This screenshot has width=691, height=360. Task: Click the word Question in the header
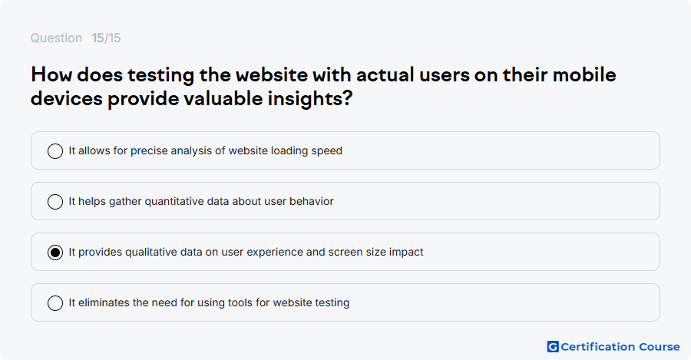(x=56, y=38)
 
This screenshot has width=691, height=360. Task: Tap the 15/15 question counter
(x=106, y=38)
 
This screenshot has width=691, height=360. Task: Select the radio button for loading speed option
(x=55, y=151)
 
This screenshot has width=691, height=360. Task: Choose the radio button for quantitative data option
(x=55, y=202)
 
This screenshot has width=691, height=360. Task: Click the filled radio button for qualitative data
(x=55, y=253)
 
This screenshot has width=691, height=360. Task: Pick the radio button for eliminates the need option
(x=55, y=303)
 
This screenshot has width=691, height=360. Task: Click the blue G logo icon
(x=553, y=347)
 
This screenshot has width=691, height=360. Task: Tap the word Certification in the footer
(x=598, y=347)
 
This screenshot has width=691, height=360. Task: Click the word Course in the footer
(x=660, y=347)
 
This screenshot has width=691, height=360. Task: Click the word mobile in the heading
(x=584, y=75)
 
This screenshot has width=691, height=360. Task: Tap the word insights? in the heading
(x=310, y=98)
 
